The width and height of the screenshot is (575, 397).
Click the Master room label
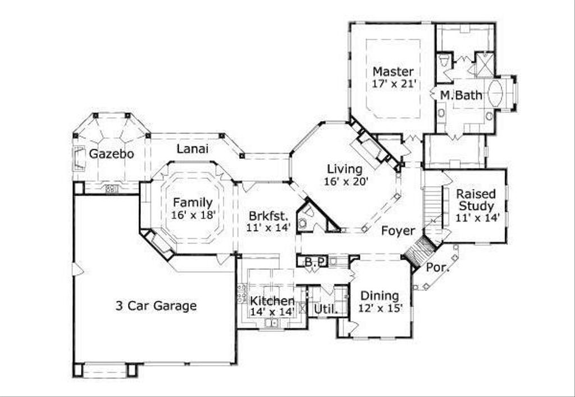click(393, 72)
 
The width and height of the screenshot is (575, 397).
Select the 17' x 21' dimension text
click(393, 84)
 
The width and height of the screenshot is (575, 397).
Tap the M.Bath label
click(460, 95)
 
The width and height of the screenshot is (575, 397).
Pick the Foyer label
click(398, 231)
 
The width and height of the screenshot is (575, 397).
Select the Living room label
click(345, 169)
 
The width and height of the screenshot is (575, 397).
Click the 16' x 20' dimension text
click(345, 181)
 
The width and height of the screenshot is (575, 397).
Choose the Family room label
click(193, 203)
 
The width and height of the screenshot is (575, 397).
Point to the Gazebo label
click(112, 154)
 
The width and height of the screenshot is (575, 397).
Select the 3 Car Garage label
click(156, 306)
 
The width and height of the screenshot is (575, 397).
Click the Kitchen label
click(272, 301)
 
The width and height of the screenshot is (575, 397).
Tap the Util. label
click(324, 309)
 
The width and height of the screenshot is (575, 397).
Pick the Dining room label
click(380, 296)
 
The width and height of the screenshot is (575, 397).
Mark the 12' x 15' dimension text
click(380, 308)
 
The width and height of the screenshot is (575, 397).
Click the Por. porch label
click(437, 267)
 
